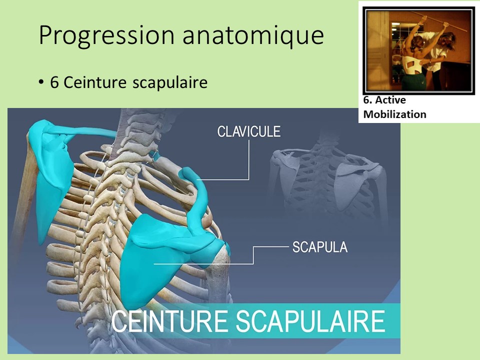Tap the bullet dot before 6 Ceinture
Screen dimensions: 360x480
click(41, 82)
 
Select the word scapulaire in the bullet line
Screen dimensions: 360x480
click(170, 82)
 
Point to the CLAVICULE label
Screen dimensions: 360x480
click(248, 131)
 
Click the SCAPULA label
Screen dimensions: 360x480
click(319, 246)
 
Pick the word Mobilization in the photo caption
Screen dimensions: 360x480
click(394, 114)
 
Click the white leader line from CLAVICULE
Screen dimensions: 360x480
click(248, 160)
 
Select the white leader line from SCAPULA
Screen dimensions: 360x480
click(254, 255)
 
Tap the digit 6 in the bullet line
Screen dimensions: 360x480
click(54, 82)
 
